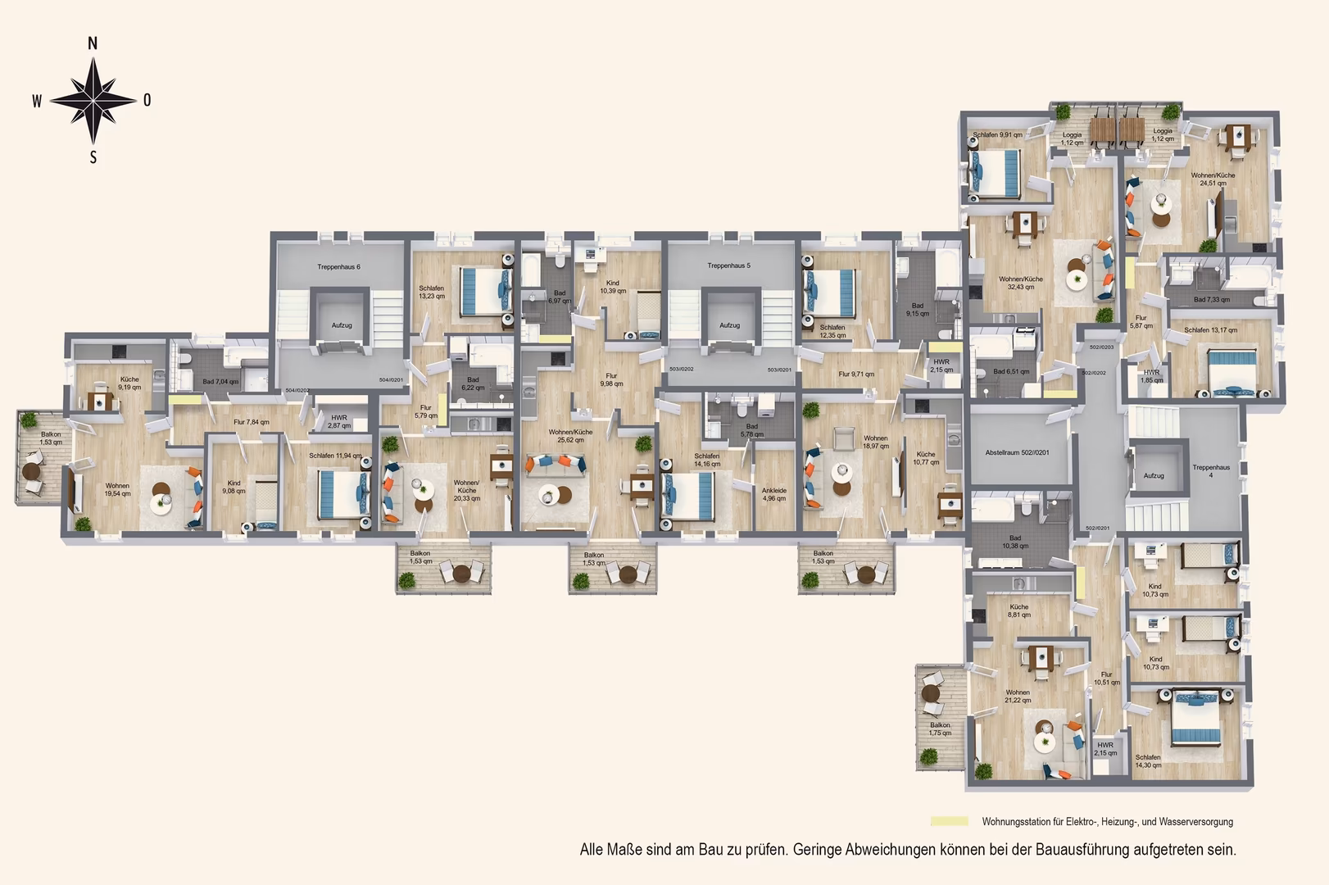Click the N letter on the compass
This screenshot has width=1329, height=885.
(93, 44)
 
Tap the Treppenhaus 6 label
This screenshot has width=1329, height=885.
(338, 267)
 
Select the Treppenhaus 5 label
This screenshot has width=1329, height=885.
(728, 265)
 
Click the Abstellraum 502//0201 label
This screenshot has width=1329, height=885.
(1017, 452)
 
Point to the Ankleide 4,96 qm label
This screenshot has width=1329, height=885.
(773, 494)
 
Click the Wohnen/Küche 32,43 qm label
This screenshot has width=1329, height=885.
(1021, 283)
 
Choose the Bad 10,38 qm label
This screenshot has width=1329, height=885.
(1014, 542)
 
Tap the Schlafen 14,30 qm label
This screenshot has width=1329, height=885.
(1147, 761)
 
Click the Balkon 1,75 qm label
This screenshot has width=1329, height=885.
(940, 728)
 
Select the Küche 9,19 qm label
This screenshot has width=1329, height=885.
(129, 383)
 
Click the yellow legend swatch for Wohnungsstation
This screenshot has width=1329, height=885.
(949, 821)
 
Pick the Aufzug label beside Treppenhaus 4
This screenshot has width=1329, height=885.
(1154, 475)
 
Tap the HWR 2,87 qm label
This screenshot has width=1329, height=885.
(338, 421)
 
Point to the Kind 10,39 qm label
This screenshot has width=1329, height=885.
(612, 287)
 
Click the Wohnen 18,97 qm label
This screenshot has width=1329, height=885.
(875, 442)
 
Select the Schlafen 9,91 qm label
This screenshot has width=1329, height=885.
(997, 135)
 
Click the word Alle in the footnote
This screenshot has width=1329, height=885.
(592, 850)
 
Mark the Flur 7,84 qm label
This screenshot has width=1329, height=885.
(251, 422)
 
